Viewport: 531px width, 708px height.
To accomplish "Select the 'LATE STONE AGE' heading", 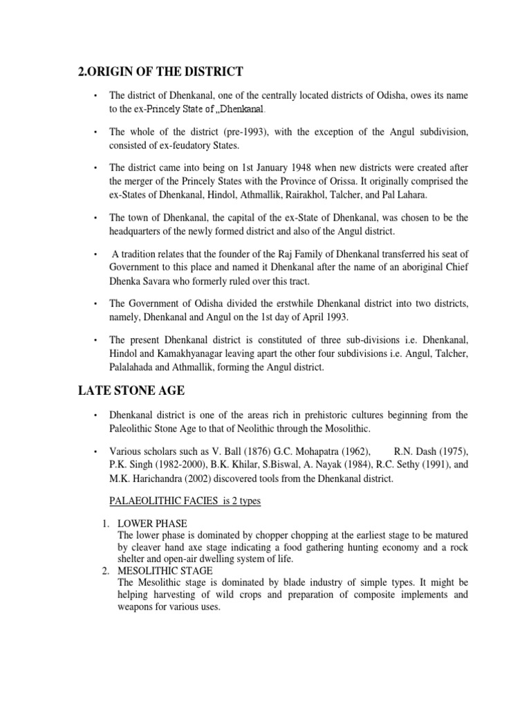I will click(131, 391).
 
